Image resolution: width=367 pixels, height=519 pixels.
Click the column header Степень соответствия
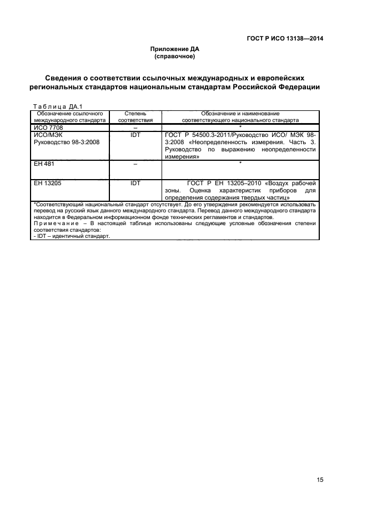coord(135,116)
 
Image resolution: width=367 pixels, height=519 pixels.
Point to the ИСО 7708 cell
coord(48,128)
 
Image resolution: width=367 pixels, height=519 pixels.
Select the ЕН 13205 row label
coord(48,182)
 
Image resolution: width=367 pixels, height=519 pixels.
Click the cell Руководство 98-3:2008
coord(66,142)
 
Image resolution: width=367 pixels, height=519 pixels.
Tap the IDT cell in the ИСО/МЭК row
coord(135,135)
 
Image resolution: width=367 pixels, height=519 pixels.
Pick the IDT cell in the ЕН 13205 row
coord(135,182)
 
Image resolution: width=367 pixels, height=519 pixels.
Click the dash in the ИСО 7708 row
coord(135,128)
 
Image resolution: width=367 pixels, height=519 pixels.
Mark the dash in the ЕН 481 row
coord(135,165)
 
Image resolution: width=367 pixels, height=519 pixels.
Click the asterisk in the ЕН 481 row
coord(240,163)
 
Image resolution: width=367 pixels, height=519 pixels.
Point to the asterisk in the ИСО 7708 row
coord(240,126)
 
